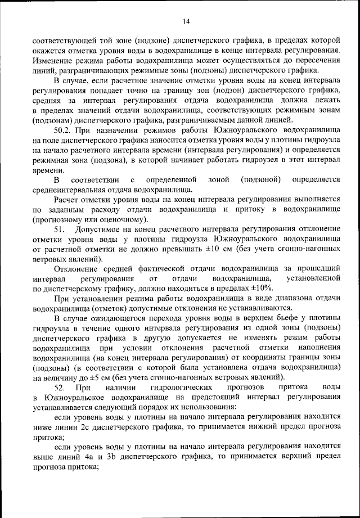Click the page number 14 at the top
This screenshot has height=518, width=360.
[x=186, y=22]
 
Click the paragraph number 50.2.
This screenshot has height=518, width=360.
[x=64, y=130]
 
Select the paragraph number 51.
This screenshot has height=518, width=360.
[x=60, y=230]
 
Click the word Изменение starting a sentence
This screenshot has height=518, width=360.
[x=53, y=60]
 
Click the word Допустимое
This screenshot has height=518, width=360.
[x=106, y=230]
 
